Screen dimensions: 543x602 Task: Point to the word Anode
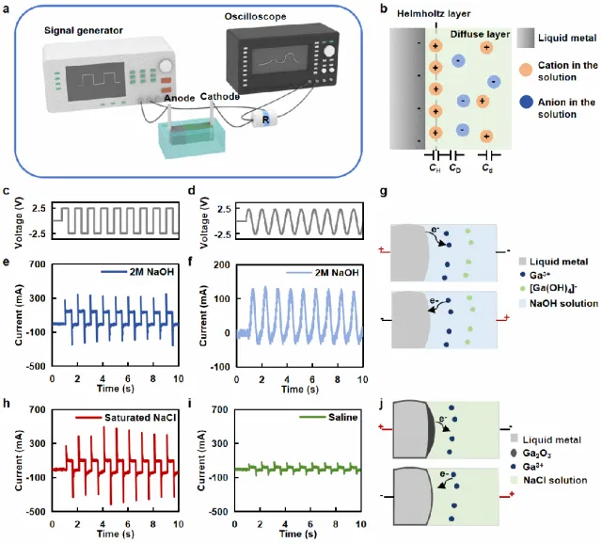tap(180, 97)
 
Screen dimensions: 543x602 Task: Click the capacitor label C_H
tap(434, 167)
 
